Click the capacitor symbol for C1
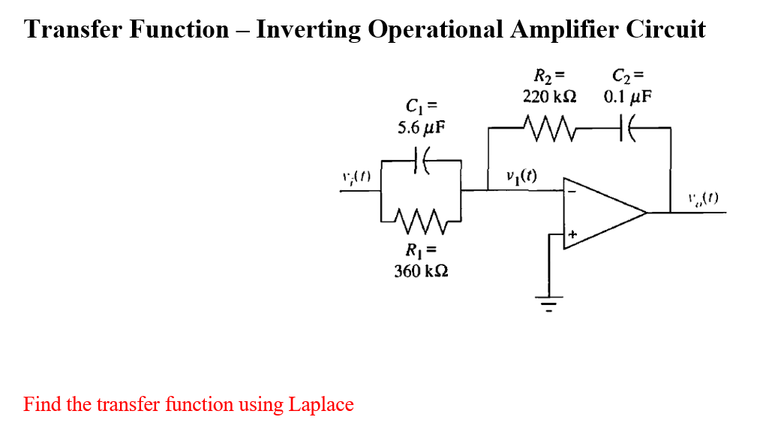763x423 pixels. (x=421, y=160)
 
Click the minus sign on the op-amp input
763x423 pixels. (x=572, y=192)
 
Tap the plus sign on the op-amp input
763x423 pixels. (x=572, y=234)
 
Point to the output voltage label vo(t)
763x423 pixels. (x=703, y=199)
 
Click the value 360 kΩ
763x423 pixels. (x=421, y=270)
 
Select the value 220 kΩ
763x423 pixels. (x=549, y=97)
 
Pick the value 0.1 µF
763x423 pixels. (x=628, y=97)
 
